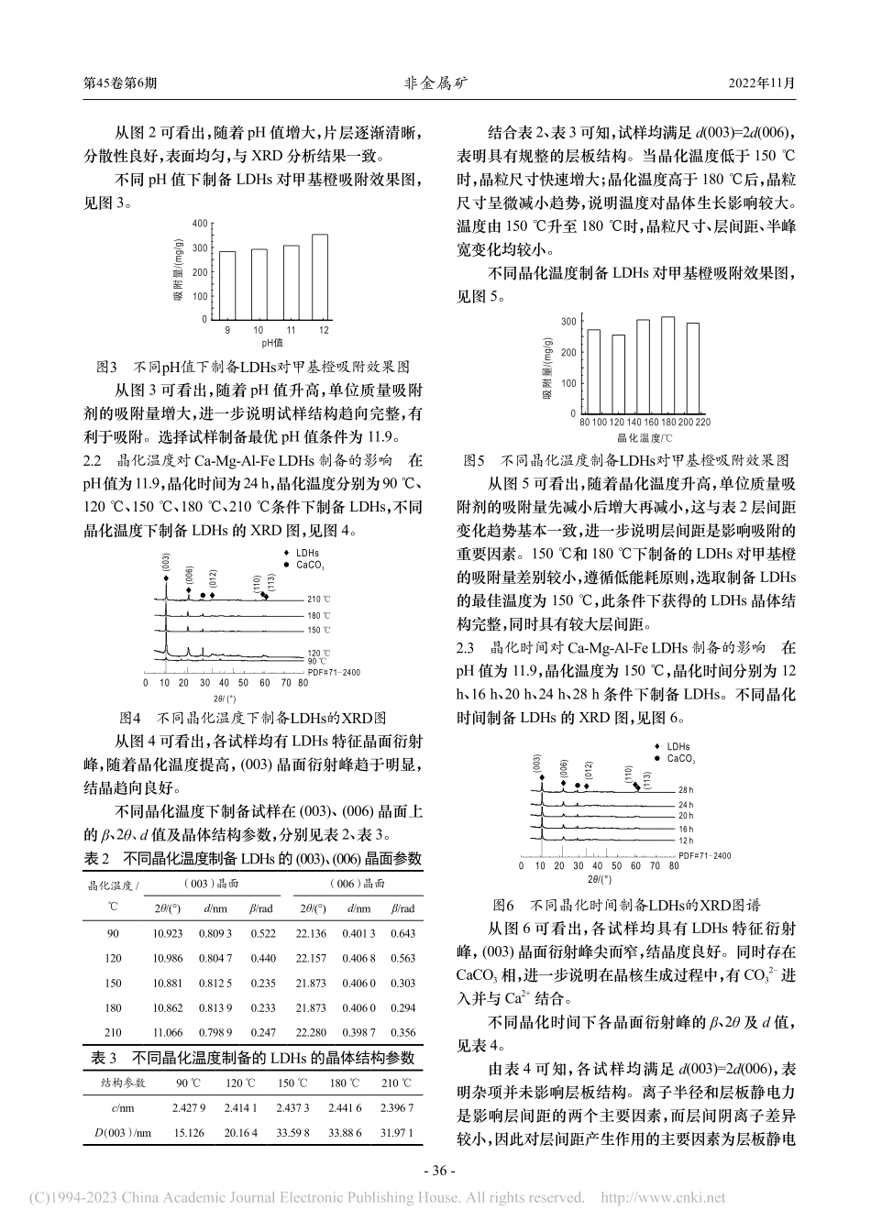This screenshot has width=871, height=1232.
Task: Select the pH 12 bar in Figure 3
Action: coord(319,277)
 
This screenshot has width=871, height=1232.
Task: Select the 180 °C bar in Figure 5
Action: coord(668,365)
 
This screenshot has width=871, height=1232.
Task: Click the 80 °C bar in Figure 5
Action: coord(594,371)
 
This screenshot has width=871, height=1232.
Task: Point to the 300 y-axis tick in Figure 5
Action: coord(569,322)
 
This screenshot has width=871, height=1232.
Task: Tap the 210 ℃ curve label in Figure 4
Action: coord(317,599)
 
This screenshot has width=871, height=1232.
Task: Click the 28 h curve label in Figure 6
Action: coord(686,789)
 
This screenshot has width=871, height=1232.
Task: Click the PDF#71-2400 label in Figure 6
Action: coord(705,855)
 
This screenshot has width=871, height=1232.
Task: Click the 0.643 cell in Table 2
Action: coord(402,933)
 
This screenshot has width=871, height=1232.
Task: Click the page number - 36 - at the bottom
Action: coord(435,1171)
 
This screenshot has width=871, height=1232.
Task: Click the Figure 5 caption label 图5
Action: coord(475,459)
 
